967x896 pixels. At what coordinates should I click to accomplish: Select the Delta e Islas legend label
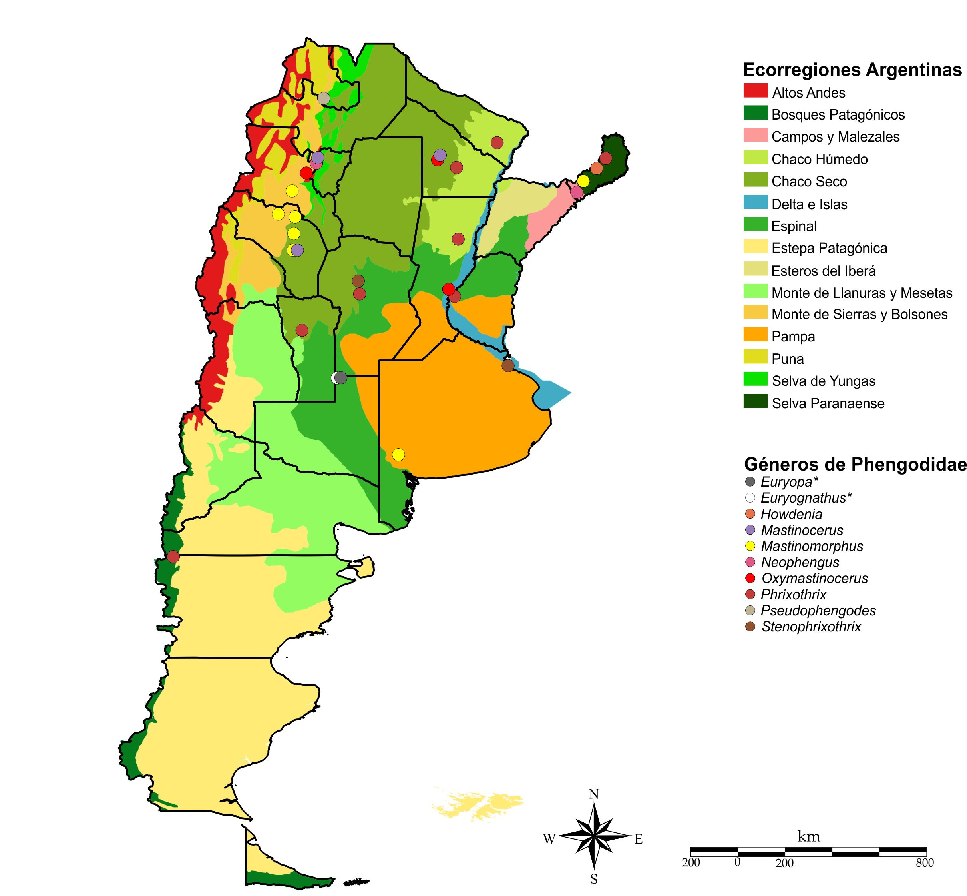point(809,204)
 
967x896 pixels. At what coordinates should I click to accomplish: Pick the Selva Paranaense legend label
point(828,403)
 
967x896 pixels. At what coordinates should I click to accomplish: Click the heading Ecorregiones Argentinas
point(852,70)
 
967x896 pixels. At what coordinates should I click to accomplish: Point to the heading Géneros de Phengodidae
point(855,465)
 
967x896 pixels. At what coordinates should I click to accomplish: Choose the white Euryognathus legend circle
point(750,497)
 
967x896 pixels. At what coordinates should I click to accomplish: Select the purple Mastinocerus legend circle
point(750,530)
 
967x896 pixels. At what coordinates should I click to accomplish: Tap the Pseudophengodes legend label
point(818,611)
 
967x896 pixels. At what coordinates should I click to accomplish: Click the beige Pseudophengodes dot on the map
point(324,98)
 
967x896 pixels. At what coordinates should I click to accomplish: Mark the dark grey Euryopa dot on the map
point(341,378)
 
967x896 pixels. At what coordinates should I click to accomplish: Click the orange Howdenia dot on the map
point(596,168)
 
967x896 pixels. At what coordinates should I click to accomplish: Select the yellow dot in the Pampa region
point(398,454)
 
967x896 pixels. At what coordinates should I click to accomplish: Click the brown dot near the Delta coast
point(508,365)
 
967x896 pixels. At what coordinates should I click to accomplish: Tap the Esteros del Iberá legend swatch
point(755,269)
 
